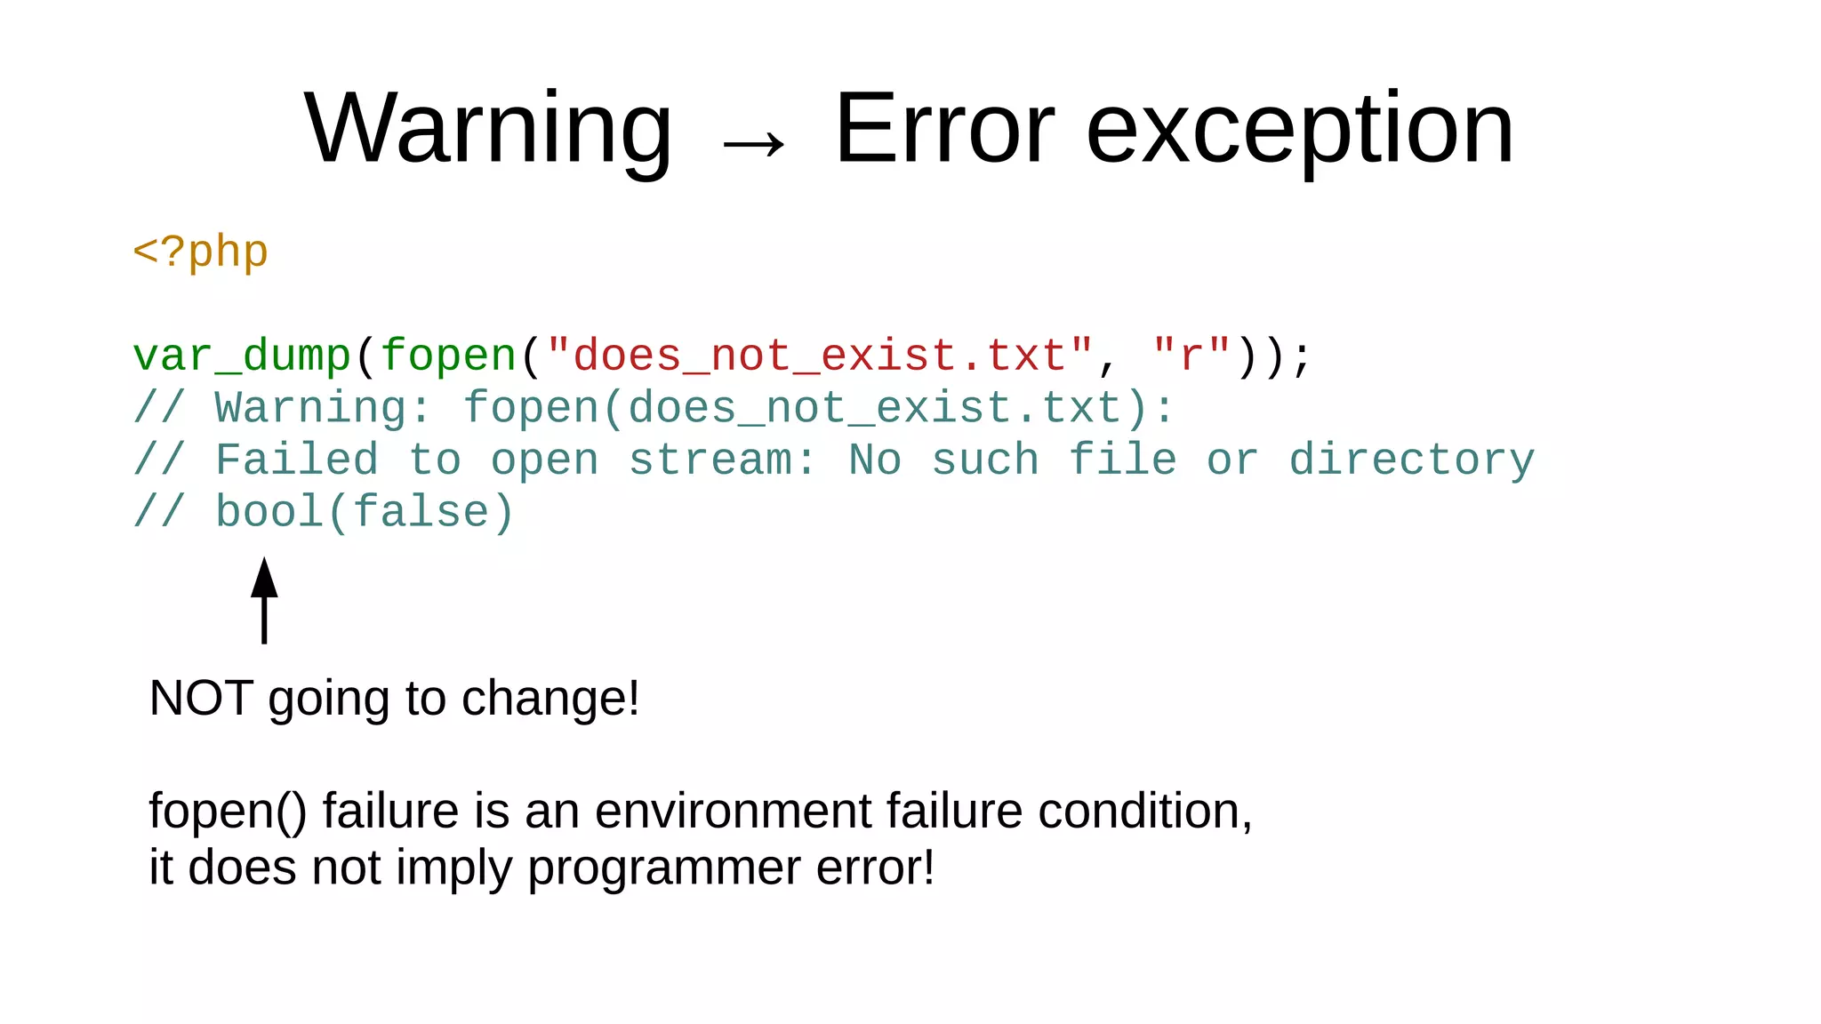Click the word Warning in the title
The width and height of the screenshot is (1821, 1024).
point(487,129)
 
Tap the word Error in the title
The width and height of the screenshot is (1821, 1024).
point(944,129)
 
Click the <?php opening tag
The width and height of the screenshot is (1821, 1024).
point(200,252)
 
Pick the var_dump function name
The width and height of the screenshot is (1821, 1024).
point(242,356)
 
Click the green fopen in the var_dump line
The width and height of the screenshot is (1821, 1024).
point(448,356)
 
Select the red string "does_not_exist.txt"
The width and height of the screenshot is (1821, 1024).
point(820,356)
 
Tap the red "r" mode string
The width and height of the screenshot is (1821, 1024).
point(1191,356)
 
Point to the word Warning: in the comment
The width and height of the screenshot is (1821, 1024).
point(324,409)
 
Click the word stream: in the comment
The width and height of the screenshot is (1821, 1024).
point(722,460)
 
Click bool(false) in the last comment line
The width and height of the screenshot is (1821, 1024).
point(365,513)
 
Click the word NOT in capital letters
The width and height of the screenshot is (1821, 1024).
point(201,698)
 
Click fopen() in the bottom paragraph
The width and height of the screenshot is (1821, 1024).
point(228,812)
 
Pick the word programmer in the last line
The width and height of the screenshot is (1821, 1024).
point(664,868)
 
